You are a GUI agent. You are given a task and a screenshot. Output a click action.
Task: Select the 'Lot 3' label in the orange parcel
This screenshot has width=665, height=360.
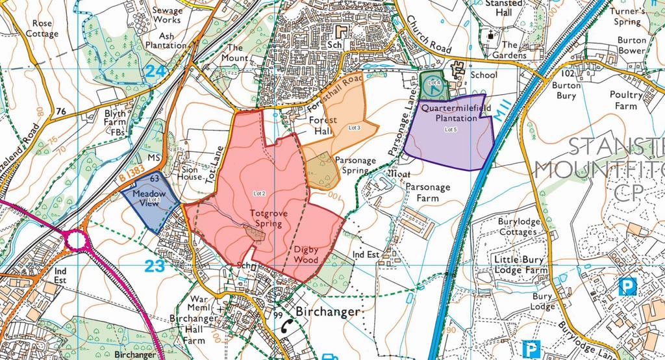click(x=354, y=126)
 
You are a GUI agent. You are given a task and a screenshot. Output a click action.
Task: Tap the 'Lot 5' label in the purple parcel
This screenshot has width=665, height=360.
click(x=451, y=130)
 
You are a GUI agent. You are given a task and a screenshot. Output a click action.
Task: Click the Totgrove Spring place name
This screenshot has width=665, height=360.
click(x=267, y=218)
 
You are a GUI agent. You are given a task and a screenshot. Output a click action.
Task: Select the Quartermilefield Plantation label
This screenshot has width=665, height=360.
click(x=449, y=114)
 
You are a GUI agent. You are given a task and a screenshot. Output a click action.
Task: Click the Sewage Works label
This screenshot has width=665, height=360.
click(x=166, y=15)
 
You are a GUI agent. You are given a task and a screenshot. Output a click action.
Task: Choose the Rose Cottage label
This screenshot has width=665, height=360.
click(x=42, y=28)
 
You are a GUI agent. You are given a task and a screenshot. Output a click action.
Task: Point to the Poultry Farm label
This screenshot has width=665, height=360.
click(x=626, y=100)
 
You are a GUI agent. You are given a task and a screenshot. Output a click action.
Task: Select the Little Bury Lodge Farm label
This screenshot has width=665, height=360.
click(x=518, y=264)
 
